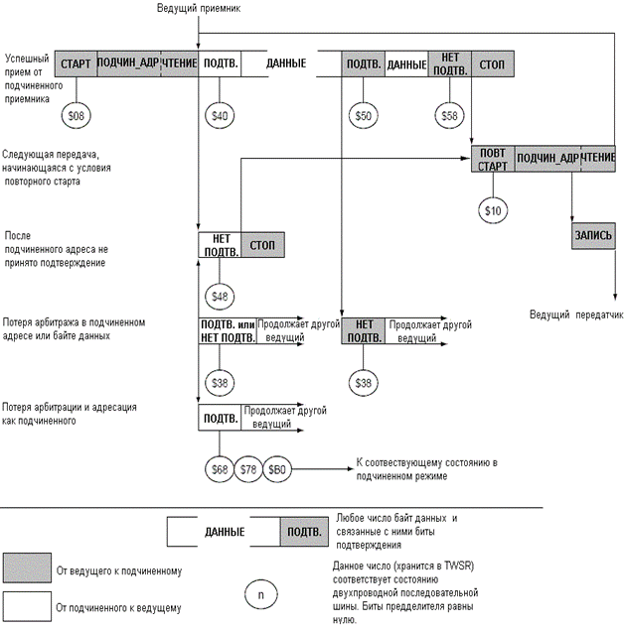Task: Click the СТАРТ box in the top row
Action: pyautogui.click(x=77, y=63)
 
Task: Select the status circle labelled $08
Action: pyautogui.click(x=77, y=116)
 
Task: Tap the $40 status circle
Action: pyautogui.click(x=220, y=116)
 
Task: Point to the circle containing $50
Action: pyautogui.click(x=363, y=116)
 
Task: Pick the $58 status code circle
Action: pyautogui.click(x=449, y=116)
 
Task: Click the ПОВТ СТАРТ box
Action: pyautogui.click(x=493, y=159)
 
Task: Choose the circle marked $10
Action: pyautogui.click(x=493, y=210)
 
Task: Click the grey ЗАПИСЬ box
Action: pyautogui.click(x=593, y=235)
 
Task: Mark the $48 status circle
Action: pyautogui.click(x=220, y=297)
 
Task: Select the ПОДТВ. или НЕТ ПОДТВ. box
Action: pyautogui.click(x=228, y=331)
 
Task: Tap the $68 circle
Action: pyautogui.click(x=220, y=469)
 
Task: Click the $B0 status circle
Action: pyautogui.click(x=277, y=469)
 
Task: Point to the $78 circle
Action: pyautogui.click(x=248, y=469)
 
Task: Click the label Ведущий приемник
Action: pyautogui.click(x=199, y=8)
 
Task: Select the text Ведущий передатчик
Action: pyautogui.click(x=576, y=315)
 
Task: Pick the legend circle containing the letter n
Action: pyautogui.click(x=260, y=594)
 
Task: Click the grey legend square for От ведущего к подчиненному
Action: pyautogui.click(x=27, y=567)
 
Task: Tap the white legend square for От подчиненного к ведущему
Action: pyautogui.click(x=27, y=606)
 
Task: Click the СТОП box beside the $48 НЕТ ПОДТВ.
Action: pyautogui.click(x=262, y=245)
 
